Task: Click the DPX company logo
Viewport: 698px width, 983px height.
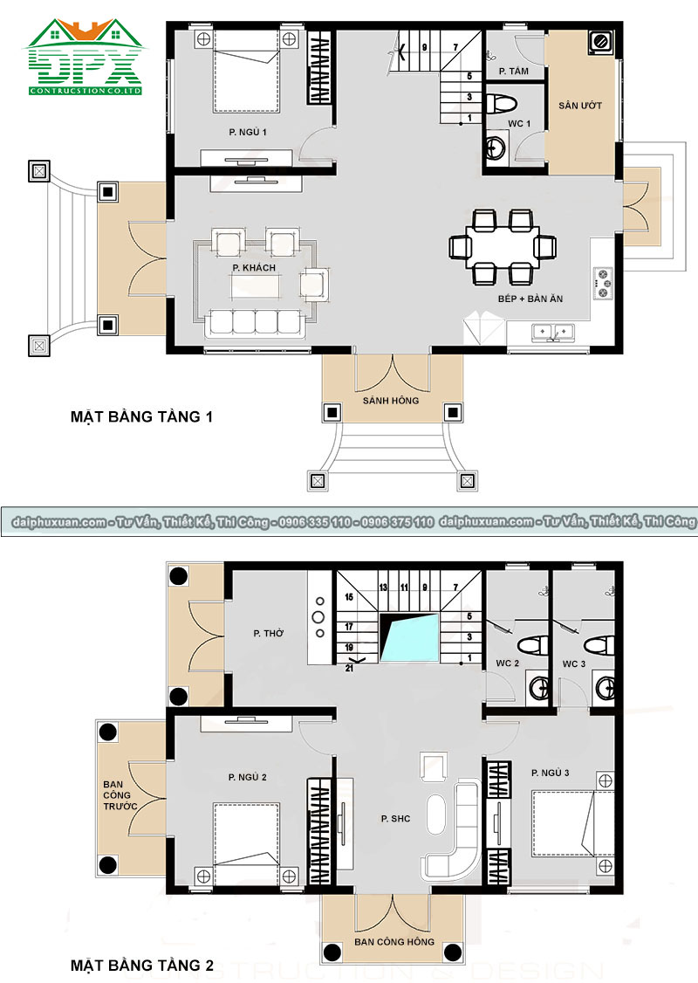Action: point(84,57)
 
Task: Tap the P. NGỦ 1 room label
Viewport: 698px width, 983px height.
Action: point(248,133)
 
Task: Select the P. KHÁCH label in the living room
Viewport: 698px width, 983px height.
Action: point(254,268)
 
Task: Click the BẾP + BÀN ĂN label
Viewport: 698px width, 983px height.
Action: point(530,299)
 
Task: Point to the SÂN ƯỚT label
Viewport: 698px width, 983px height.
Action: point(580,106)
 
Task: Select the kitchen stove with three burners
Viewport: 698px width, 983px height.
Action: point(603,283)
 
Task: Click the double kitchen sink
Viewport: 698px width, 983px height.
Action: point(552,332)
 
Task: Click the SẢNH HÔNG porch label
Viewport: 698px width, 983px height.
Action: point(391,400)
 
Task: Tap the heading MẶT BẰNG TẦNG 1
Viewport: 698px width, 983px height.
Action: point(141,417)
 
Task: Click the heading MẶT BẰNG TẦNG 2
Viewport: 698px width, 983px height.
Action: point(141,966)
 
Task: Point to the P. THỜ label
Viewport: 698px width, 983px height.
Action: point(268,633)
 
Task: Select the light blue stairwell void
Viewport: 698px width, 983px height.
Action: point(409,637)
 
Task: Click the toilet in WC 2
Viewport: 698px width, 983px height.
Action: point(533,644)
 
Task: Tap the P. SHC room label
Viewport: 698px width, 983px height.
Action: point(395,818)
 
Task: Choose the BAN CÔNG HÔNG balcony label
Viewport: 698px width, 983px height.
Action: point(394,942)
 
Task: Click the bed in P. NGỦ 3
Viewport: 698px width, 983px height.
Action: point(572,824)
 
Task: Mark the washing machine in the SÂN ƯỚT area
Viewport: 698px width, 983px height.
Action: point(599,41)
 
